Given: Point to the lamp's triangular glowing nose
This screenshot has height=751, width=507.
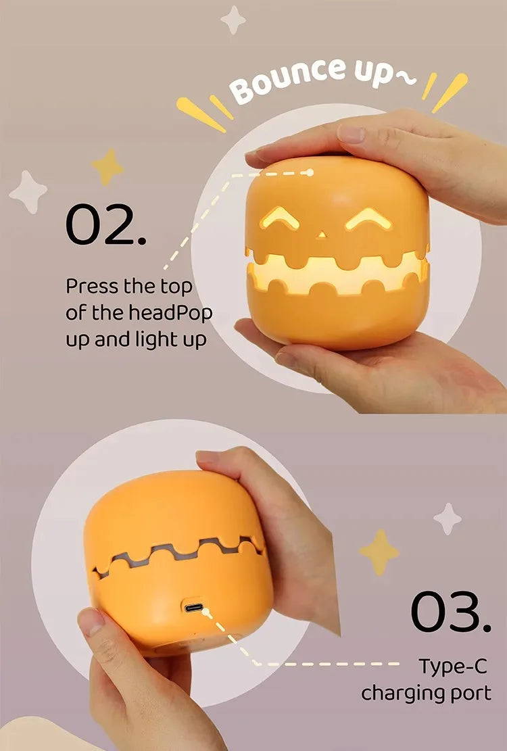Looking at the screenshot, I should [x=322, y=235].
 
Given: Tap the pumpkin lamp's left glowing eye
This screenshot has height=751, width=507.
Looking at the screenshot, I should [x=280, y=219].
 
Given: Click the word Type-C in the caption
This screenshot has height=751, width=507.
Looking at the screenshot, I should [x=452, y=666].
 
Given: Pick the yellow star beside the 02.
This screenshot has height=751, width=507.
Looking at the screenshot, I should [x=108, y=166].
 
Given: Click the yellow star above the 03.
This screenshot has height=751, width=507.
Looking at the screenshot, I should [x=379, y=552].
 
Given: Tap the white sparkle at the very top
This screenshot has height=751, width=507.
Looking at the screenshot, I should [x=233, y=20].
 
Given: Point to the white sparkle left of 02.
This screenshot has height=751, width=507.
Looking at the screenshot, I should [x=28, y=192].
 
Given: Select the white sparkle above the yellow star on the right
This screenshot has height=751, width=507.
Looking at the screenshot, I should [x=448, y=518].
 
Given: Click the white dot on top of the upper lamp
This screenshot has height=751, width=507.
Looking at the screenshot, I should [x=310, y=172].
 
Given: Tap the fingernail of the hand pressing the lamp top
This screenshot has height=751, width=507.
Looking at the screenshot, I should [x=352, y=133].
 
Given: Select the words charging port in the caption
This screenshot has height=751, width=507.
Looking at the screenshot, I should [x=426, y=694].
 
